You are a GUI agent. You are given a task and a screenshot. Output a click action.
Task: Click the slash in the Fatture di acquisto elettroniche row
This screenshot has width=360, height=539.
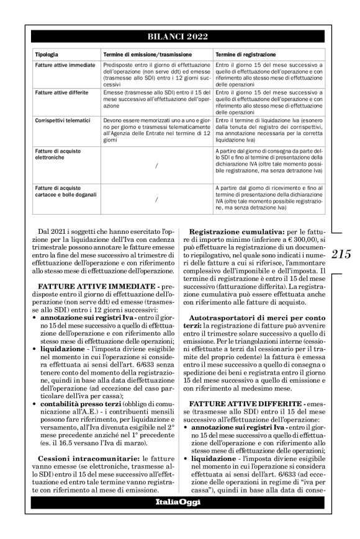point(156,165)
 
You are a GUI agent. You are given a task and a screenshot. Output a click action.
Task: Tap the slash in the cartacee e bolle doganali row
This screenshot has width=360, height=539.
point(156,200)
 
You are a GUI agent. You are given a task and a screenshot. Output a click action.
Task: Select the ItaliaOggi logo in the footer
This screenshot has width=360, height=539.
point(178,501)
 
